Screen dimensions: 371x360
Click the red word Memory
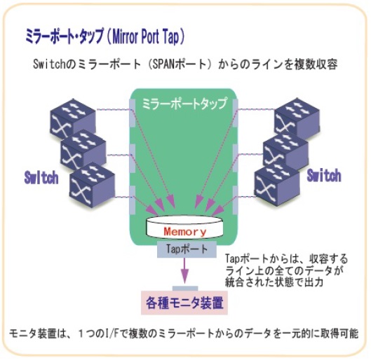(x=185, y=232)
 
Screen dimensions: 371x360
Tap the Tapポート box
(x=187, y=249)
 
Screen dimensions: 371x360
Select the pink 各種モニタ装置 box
(x=184, y=303)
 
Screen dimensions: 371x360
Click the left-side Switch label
(x=41, y=178)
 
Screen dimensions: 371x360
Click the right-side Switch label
(x=324, y=176)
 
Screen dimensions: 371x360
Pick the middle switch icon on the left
(x=83, y=151)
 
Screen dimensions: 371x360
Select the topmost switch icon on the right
(x=297, y=119)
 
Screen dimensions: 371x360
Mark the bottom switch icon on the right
(x=277, y=186)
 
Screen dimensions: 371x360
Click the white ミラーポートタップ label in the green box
(x=184, y=103)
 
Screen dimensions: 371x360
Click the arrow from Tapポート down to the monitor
(x=184, y=271)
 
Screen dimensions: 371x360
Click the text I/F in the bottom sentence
(x=112, y=334)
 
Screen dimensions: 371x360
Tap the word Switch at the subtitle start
(x=48, y=64)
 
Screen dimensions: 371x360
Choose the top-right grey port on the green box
(x=236, y=113)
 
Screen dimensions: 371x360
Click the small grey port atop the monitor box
(x=185, y=289)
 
